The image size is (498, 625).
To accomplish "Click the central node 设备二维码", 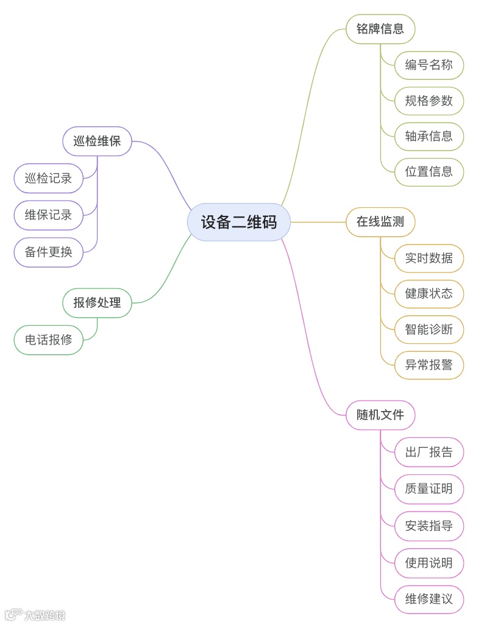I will click(238, 222).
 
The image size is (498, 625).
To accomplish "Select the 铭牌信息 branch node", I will click(380, 29).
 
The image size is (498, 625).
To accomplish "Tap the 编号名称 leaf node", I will click(429, 65).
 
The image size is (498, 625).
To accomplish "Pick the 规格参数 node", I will click(429, 101).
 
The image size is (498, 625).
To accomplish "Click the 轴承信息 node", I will click(429, 136).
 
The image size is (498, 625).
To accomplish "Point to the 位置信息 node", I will click(429, 171).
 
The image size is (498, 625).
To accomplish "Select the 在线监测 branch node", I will click(380, 222).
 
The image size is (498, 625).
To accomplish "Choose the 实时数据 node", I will click(429, 258).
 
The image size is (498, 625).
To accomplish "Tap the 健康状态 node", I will click(429, 293).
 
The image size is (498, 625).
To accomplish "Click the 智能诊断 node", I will click(429, 329).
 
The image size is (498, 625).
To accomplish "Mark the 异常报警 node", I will click(429, 365).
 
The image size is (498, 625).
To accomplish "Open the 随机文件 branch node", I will click(380, 415).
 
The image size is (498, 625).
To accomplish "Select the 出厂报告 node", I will click(429, 452).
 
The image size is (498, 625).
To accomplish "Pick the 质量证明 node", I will click(429, 489).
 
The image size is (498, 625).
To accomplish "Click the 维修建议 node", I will click(429, 598).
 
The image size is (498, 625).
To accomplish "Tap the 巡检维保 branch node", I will click(98, 141).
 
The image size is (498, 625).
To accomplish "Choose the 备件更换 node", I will click(49, 252).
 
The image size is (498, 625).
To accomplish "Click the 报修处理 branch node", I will click(98, 302).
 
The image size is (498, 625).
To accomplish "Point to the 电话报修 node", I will click(49, 340).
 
